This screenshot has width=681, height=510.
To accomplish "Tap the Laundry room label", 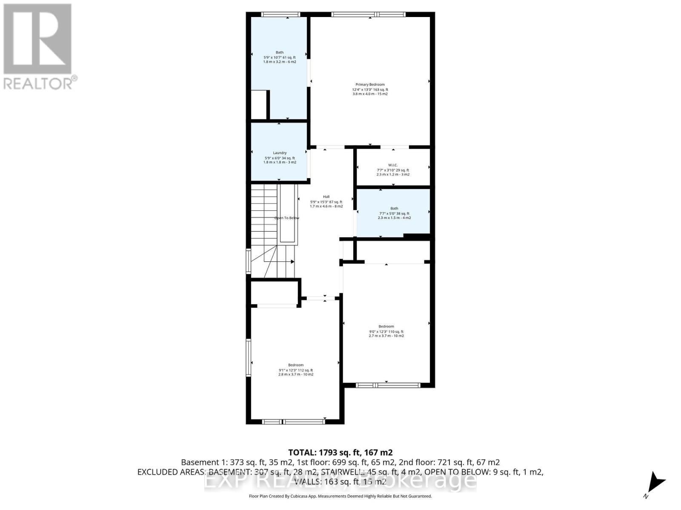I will pos(280,153).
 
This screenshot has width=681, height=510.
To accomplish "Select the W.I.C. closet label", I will pos(393,165).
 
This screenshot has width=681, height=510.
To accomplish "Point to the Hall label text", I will pos(326,197).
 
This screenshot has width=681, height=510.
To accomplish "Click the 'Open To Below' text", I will pos(287,218).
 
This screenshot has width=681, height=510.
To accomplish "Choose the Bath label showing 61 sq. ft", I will pos(279,53).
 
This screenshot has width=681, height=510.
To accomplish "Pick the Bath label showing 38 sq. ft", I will pos(394,209).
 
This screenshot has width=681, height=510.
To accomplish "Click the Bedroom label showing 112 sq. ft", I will pos(296,365).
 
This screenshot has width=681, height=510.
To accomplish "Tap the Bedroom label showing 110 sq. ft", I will pos(386,326).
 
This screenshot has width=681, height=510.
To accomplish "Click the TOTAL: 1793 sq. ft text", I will pos(340,452).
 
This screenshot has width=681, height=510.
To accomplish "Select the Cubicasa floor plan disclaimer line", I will pos(340,496).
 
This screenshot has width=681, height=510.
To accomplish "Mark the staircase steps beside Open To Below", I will pos(264,212).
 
